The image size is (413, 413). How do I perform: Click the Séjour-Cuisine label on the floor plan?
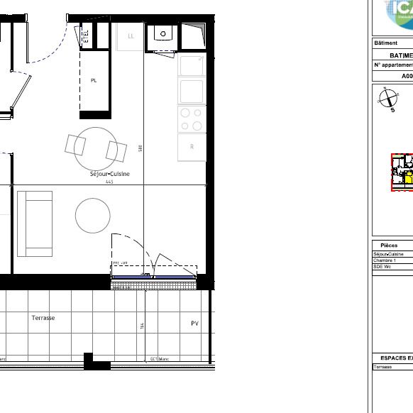(109, 174)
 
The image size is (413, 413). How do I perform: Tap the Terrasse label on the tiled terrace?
(43, 318)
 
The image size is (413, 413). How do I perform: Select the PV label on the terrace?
(194, 323)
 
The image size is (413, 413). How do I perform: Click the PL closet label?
(94, 81)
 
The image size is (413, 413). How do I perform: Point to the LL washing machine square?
(131, 36)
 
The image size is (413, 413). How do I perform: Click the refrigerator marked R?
(192, 146)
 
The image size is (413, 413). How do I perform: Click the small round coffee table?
(93, 215)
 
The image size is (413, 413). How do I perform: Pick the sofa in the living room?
(35, 223)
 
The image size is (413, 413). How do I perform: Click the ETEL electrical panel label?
(85, 35)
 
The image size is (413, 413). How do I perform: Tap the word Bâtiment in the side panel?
(386, 43)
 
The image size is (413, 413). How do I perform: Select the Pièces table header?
(389, 246)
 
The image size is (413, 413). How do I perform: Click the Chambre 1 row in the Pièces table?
(385, 260)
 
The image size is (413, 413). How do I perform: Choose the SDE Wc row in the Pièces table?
(383, 267)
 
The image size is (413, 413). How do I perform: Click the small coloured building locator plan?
(402, 172)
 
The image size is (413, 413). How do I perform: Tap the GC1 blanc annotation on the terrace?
(159, 359)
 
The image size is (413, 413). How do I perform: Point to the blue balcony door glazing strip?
(154, 277)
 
